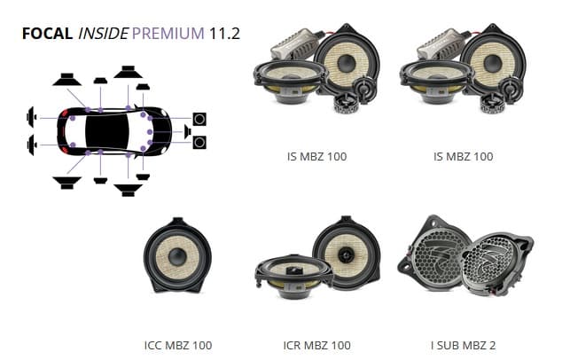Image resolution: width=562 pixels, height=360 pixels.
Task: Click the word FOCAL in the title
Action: click(47, 34)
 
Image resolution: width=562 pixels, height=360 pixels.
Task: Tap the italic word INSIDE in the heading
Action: click(103, 34)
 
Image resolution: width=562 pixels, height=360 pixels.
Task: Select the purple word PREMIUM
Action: click(168, 34)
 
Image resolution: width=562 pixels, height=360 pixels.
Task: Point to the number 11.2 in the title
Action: click(224, 34)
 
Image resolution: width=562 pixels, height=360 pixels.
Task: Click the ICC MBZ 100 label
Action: click(178, 345)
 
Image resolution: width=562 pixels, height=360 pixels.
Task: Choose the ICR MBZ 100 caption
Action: click(316, 345)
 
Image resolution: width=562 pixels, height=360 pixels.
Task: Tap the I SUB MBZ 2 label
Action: click(463, 345)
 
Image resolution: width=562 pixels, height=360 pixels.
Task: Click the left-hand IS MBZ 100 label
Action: click(316, 156)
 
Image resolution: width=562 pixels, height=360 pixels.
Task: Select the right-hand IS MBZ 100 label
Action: click(464, 156)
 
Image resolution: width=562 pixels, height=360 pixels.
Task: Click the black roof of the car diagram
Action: click(106, 131)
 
